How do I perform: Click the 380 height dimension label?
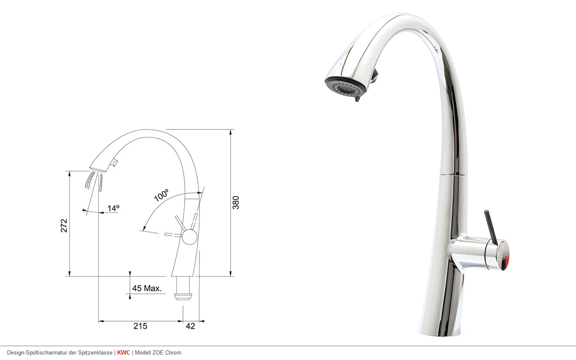(236, 203)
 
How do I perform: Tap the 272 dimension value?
(64, 226)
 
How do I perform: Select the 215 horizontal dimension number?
(140, 326)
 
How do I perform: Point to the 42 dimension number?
(190, 326)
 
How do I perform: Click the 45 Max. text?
(147, 288)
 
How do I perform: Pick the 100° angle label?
(161, 195)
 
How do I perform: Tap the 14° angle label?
(113, 208)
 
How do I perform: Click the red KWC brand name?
(124, 352)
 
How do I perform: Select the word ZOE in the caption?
(158, 352)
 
